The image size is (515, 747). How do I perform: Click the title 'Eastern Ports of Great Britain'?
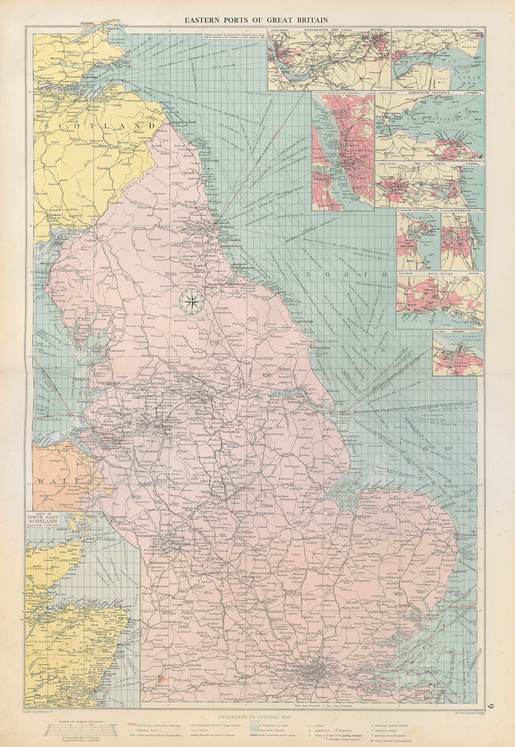click(255, 20)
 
